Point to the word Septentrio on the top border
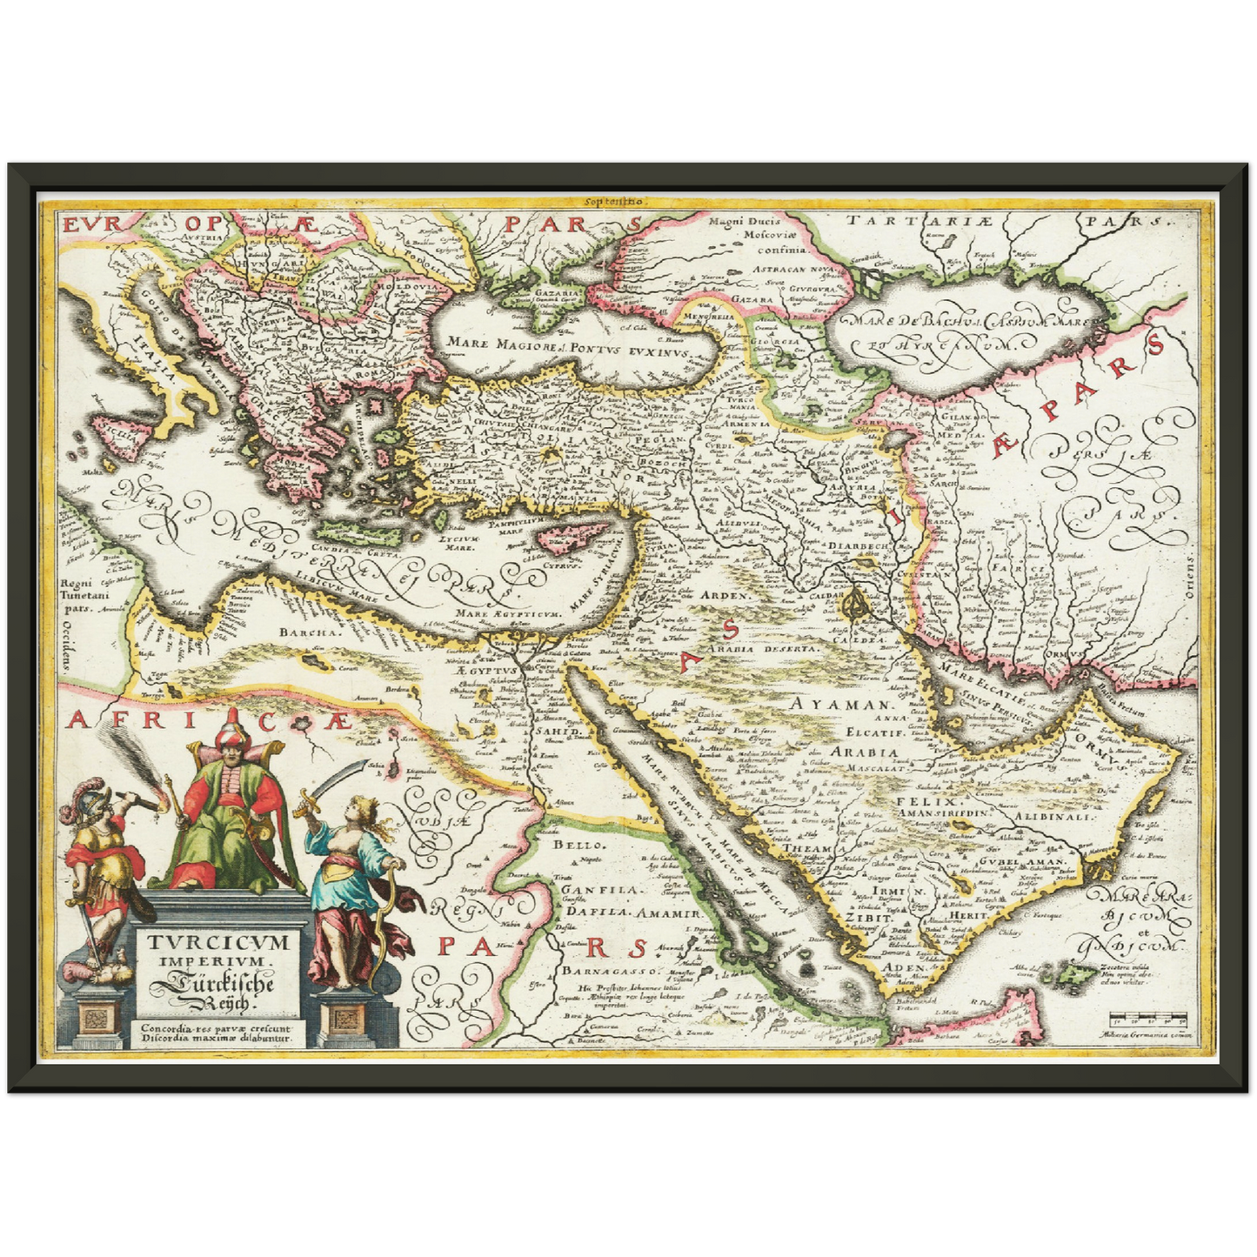[614, 201]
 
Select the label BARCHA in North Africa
[310, 632]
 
